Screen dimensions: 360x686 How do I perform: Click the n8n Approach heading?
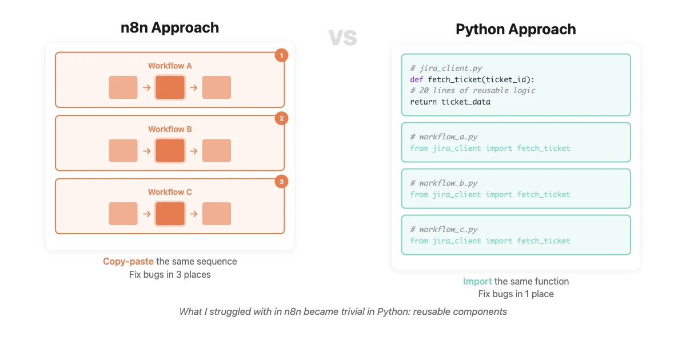pos(170,27)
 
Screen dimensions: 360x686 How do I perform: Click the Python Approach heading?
pos(516,30)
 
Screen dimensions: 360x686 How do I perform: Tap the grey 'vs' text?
pos(343,37)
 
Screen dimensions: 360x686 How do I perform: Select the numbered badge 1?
pos(281,55)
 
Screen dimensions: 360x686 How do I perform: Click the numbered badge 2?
pos(281,119)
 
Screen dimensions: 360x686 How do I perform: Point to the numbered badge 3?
pos(281,182)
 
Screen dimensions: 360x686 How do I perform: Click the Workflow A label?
pos(170,66)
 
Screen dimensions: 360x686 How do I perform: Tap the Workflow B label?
pos(170,129)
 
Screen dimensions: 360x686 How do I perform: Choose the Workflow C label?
pos(170,192)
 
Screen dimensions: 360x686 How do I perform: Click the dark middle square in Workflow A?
pos(170,87)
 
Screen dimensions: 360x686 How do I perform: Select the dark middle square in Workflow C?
pos(170,214)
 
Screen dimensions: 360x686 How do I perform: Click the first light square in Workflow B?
pos(123,151)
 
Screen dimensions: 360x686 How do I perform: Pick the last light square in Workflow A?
pos(217,87)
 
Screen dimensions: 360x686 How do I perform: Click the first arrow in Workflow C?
pos(146,214)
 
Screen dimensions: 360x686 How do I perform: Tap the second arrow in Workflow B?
pos(193,151)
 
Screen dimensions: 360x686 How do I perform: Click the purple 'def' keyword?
pos(417,79)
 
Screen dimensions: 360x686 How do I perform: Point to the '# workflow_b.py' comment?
pos(444,183)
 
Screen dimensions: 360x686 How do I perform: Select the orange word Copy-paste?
pos(128,261)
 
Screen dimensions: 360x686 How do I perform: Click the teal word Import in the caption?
pos(477,281)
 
